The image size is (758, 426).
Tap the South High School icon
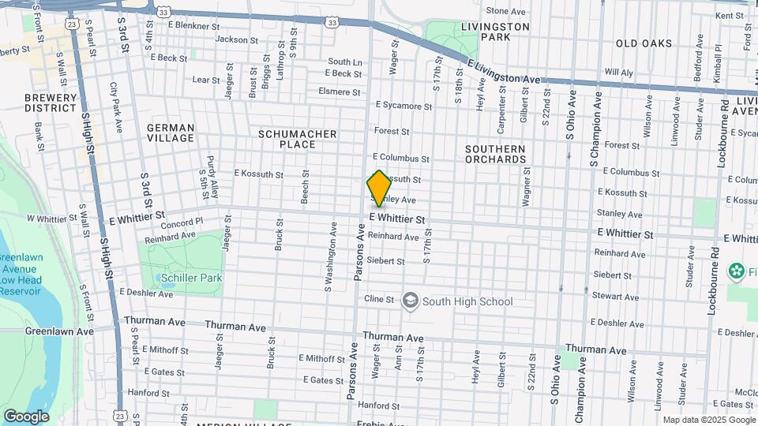point(410,301)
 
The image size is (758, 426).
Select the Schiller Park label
point(191,278)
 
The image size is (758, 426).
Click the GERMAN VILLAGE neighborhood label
point(171,133)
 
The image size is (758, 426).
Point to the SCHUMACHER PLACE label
point(298,140)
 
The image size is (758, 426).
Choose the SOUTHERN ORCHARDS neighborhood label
point(495,154)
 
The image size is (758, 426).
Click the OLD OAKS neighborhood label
point(644,43)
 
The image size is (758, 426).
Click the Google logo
point(26,416)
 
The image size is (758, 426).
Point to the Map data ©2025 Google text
point(707,420)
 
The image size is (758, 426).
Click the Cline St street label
point(378,299)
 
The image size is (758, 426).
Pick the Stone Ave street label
point(505,11)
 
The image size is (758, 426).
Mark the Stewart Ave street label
point(620,297)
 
